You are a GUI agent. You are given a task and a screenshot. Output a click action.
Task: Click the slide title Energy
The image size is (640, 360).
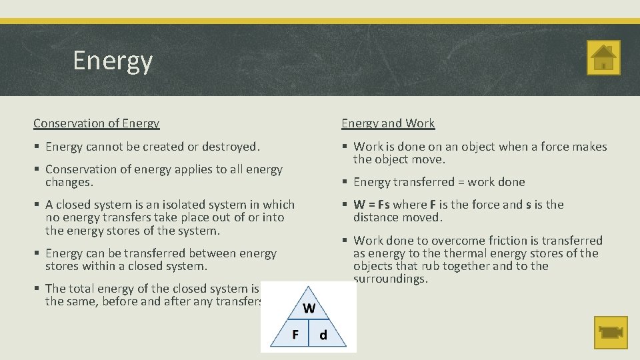coord(113,61)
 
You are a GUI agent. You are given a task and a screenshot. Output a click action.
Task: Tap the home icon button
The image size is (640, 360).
coord(603,58)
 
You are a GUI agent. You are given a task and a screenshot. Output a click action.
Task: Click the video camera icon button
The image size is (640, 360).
coord(611,333)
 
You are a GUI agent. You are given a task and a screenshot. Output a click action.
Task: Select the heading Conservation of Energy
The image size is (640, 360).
coord(97,123)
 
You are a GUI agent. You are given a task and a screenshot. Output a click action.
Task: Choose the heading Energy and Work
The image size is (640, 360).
coord(388,123)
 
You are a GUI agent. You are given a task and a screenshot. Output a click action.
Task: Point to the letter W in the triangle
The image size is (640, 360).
coord(309,308)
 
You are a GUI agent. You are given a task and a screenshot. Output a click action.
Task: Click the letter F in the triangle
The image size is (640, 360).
coord(295,334)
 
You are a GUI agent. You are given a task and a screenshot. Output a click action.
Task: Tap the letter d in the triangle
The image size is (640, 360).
coord(323,335)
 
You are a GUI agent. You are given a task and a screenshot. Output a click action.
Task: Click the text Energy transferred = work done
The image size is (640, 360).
coord(439,182)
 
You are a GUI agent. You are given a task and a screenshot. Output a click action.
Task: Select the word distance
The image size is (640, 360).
coord(377,217)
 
